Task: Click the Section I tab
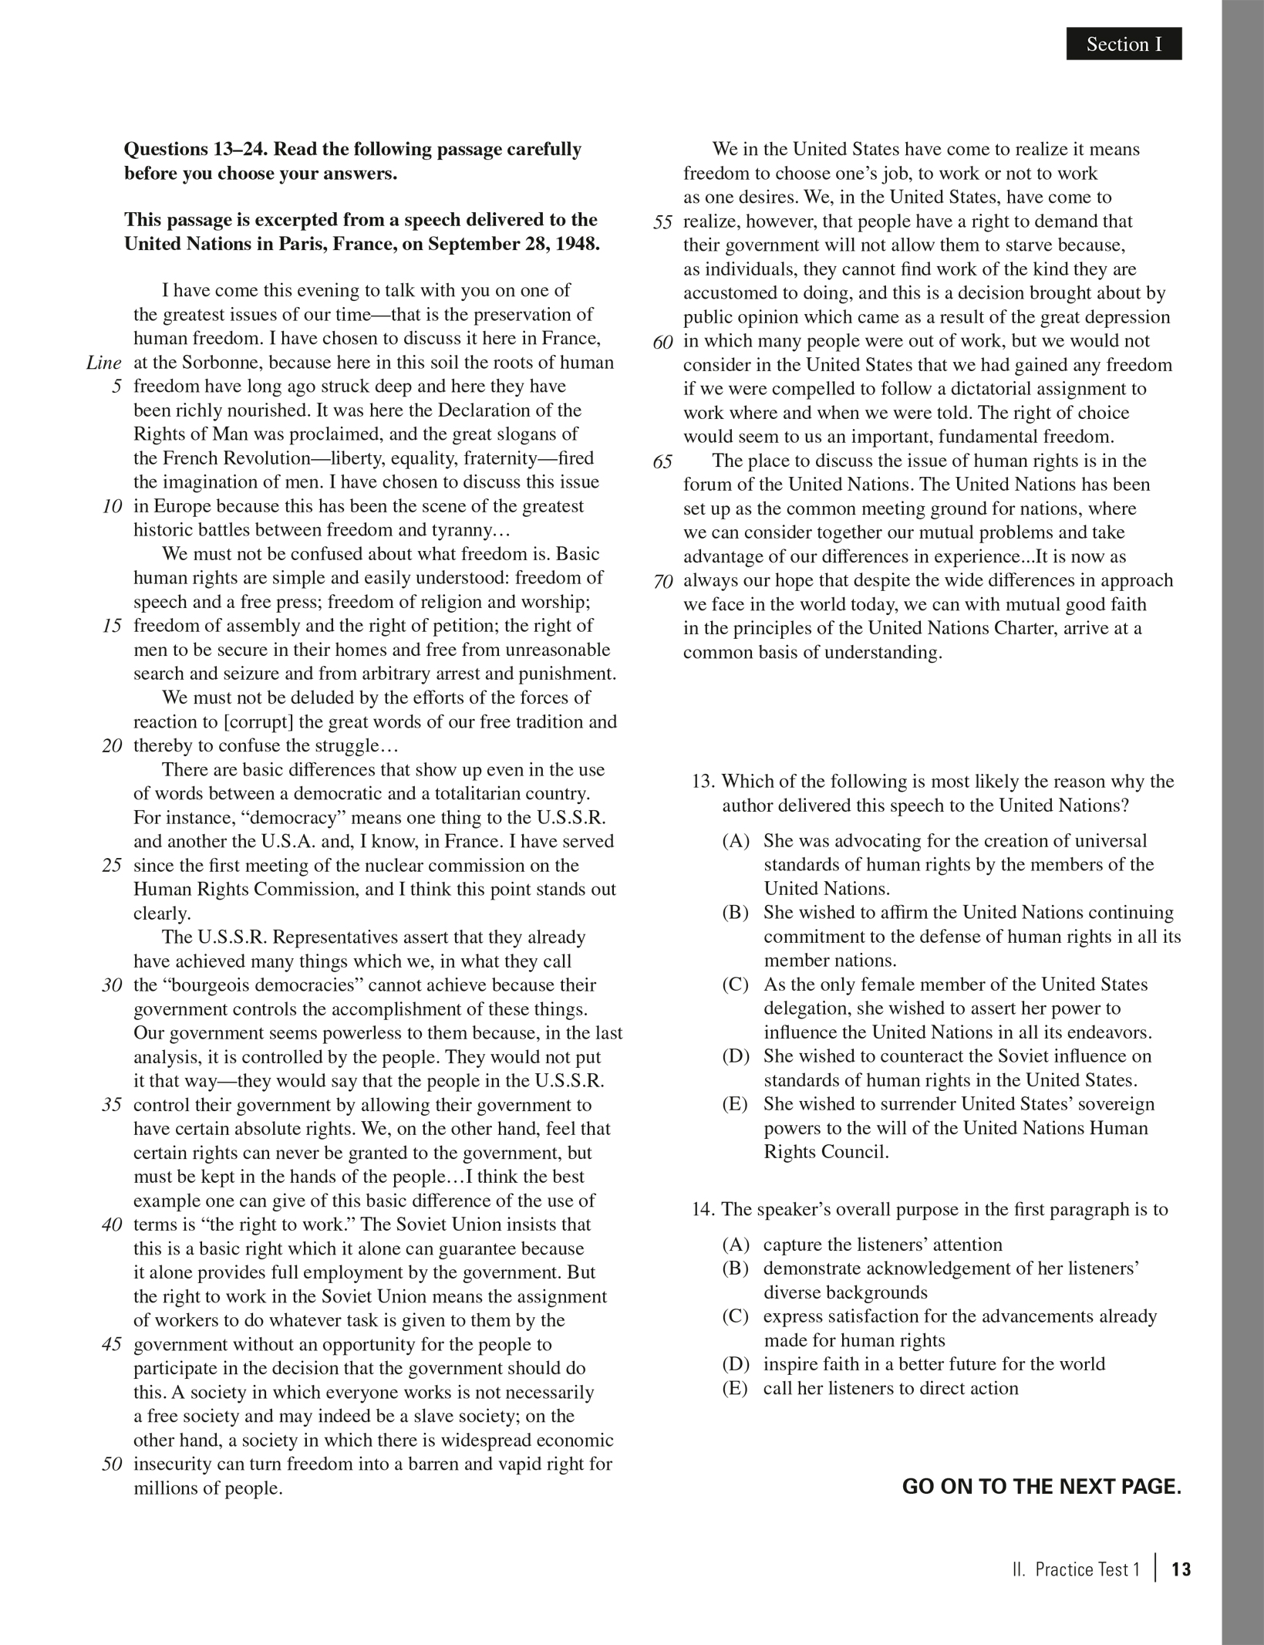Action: (x=1123, y=45)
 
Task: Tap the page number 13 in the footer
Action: (x=1181, y=1569)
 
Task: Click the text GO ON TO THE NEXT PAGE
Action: (x=1041, y=1487)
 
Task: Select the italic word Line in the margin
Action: (x=104, y=363)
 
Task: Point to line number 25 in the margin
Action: (x=112, y=866)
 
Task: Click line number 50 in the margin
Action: (x=112, y=1464)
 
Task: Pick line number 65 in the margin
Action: (x=662, y=461)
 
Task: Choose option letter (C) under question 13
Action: (x=736, y=985)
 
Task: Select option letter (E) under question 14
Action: (x=736, y=1388)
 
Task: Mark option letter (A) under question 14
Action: (x=736, y=1245)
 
